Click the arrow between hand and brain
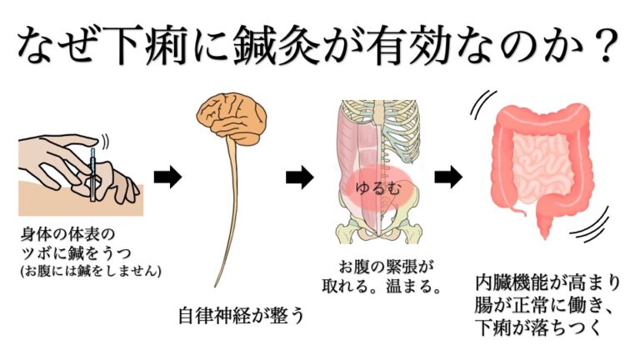(167, 177)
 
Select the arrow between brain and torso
(299, 177)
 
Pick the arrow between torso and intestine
(448, 177)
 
